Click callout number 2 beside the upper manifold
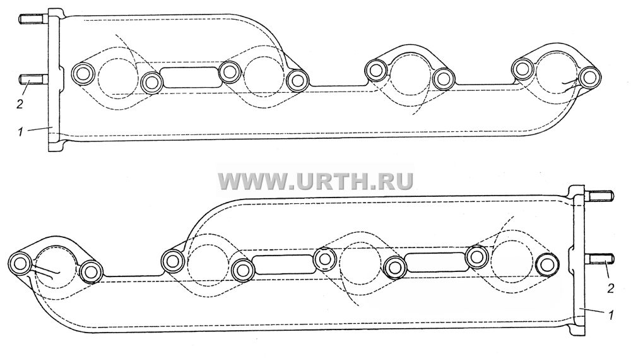[20, 104]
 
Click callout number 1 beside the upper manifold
[21, 132]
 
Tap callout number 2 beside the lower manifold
[610, 288]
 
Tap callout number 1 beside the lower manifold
[610, 316]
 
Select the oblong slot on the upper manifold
[191, 77]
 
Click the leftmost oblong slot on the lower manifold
[283, 265]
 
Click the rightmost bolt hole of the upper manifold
[589, 77]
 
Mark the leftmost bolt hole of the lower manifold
[20, 264]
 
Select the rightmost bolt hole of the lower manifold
[547, 264]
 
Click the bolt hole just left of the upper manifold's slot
[151, 83]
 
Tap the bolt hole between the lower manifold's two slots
[324, 258]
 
